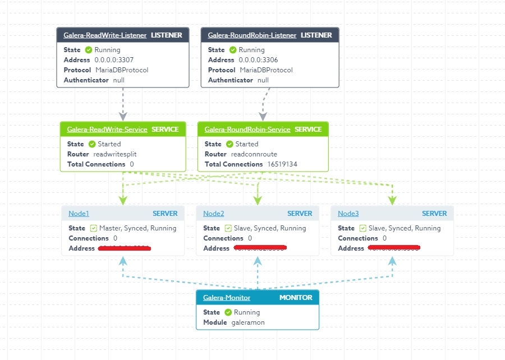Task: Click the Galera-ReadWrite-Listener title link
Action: click(x=105, y=35)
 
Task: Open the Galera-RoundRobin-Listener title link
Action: click(x=252, y=35)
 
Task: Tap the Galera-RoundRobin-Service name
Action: click(x=247, y=130)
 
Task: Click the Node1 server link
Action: click(x=79, y=214)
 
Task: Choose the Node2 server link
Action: click(x=213, y=214)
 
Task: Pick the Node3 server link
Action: click(x=348, y=214)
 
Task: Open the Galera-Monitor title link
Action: click(x=227, y=298)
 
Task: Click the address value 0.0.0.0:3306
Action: click(x=258, y=60)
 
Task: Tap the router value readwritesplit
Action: click(x=115, y=154)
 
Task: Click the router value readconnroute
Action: click(x=254, y=154)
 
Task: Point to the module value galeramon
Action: click(x=248, y=322)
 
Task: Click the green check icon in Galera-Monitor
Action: click(x=228, y=312)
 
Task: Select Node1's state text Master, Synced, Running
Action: click(x=137, y=228)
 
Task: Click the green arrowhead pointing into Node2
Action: click(x=258, y=200)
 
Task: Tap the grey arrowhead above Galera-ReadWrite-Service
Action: click(x=122, y=116)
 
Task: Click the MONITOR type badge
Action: click(x=296, y=298)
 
